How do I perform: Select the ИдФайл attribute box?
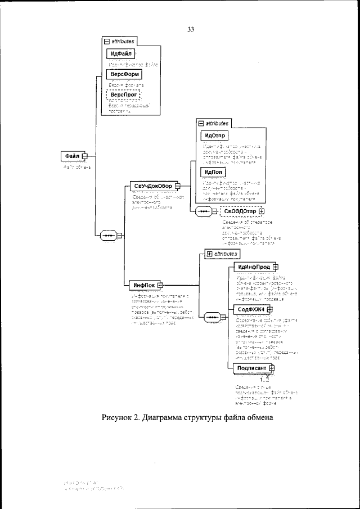click(x=121, y=53)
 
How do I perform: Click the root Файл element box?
click(x=71, y=156)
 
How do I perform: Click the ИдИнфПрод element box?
click(x=253, y=267)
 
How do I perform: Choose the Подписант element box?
click(x=251, y=368)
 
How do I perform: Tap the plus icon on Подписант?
click(x=271, y=368)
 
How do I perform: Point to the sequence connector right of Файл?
click(x=108, y=236)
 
